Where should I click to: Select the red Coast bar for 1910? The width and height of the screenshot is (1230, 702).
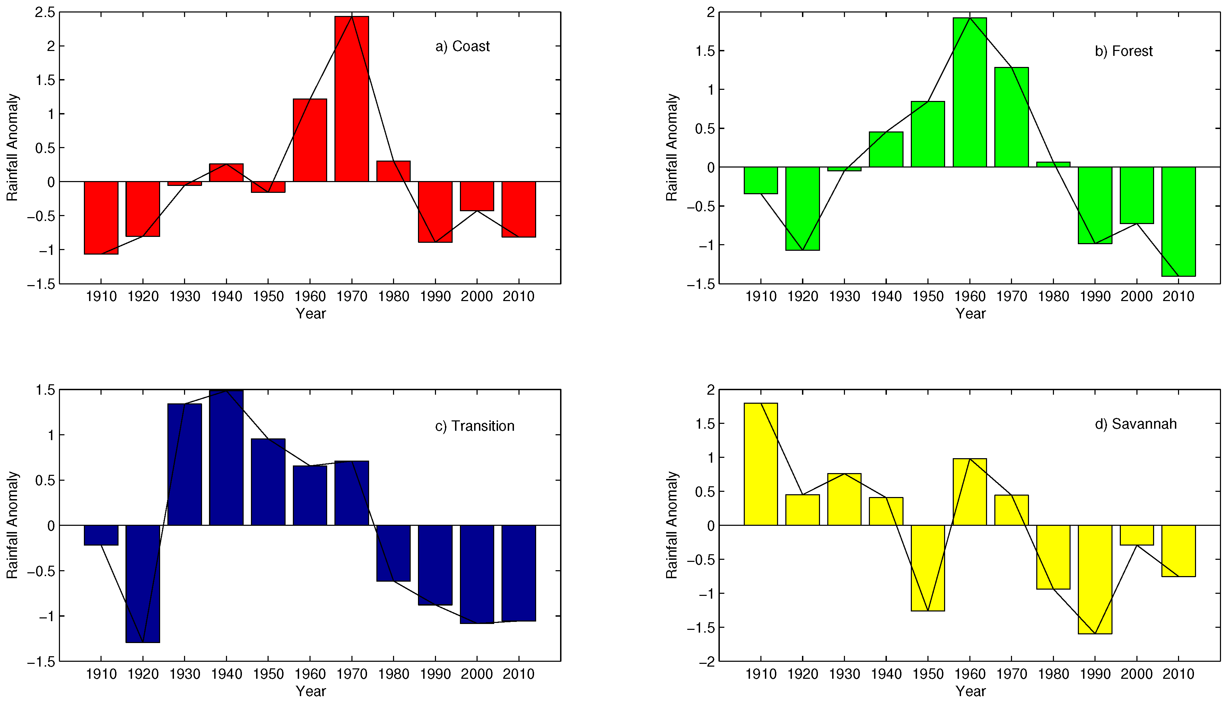point(101,217)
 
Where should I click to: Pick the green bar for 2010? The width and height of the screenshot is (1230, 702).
point(1178,221)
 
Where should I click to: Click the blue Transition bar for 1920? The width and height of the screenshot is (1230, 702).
point(142,583)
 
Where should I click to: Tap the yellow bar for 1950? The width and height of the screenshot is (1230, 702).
point(927,568)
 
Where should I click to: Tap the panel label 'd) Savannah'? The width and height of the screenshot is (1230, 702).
point(1136,424)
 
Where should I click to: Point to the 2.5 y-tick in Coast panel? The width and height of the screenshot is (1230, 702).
point(44,12)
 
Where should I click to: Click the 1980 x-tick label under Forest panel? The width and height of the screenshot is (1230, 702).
point(1053,297)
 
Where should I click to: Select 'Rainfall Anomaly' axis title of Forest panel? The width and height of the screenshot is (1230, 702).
point(672,147)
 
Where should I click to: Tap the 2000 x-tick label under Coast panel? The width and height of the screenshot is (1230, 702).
point(477,297)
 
